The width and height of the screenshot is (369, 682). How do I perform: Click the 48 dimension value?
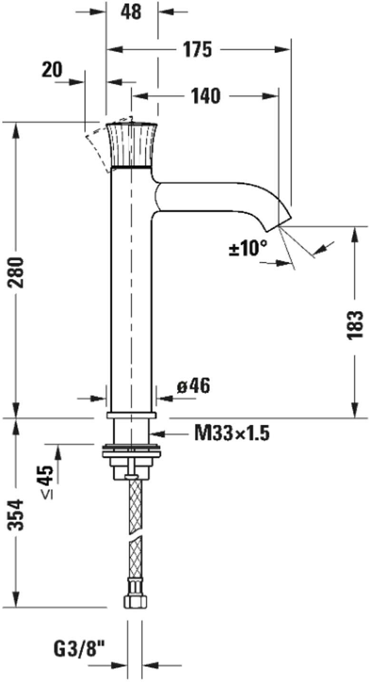pyautogui.click(x=131, y=12)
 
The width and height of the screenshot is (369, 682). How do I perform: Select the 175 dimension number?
pyautogui.click(x=197, y=50)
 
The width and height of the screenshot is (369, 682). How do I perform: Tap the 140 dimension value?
pyautogui.click(x=205, y=96)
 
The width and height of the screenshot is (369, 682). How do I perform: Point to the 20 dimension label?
pyautogui.click(x=52, y=70)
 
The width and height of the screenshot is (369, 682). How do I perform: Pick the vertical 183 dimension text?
pyautogui.click(x=355, y=325)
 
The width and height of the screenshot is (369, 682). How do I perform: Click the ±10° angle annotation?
pyautogui.click(x=248, y=248)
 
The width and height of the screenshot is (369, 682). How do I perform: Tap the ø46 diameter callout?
pyautogui.click(x=194, y=386)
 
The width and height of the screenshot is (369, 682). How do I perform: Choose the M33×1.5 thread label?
pyautogui.click(x=232, y=433)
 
